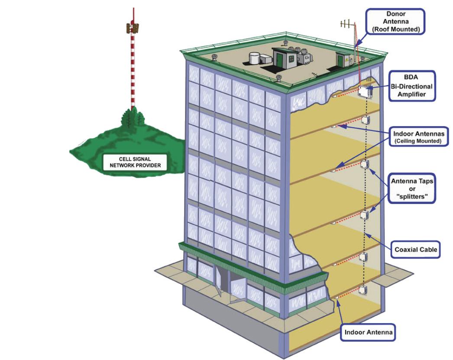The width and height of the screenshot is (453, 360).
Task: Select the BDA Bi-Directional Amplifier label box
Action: (411, 86)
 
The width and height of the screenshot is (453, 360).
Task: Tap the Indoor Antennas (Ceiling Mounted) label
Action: (419, 136)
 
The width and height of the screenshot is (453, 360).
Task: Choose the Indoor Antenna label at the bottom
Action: (368, 333)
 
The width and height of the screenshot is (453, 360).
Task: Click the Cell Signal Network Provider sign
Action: (134, 162)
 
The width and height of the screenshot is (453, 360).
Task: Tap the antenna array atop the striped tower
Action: (133, 28)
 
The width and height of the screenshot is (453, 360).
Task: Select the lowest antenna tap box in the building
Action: (363, 289)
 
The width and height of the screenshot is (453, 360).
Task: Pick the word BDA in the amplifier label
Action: (411, 77)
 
